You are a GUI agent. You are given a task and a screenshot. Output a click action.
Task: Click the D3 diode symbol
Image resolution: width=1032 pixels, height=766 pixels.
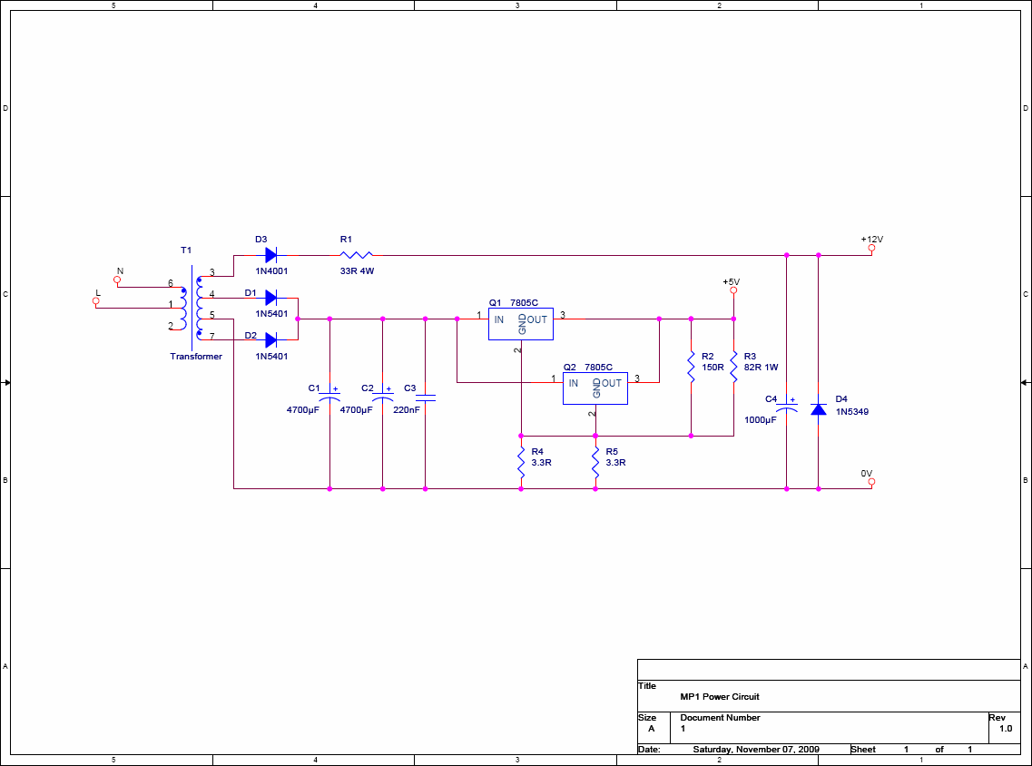click(270, 255)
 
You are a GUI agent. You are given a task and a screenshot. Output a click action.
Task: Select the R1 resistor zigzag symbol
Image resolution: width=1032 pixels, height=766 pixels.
click(356, 255)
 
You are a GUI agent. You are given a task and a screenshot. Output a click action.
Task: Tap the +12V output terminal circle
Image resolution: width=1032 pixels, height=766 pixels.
click(871, 248)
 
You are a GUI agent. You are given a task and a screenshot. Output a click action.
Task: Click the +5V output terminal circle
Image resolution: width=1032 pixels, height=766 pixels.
click(733, 290)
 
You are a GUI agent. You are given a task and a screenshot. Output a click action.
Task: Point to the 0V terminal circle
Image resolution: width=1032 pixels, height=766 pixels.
click(871, 482)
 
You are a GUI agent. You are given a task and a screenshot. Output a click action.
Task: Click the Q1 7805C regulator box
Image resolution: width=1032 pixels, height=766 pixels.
click(521, 324)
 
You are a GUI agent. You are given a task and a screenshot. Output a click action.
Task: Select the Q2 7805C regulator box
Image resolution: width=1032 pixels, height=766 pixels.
click(595, 388)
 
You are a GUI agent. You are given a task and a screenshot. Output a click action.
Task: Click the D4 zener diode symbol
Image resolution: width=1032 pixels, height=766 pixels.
click(818, 409)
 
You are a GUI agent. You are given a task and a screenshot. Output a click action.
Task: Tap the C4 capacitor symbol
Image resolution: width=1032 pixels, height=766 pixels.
click(787, 406)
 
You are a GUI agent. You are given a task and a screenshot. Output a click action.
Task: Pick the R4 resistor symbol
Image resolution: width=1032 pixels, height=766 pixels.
click(521, 463)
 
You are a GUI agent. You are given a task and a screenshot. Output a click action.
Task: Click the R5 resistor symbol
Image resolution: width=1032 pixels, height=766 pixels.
click(595, 463)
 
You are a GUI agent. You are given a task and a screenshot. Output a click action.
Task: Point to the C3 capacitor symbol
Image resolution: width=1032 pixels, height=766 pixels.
click(425, 398)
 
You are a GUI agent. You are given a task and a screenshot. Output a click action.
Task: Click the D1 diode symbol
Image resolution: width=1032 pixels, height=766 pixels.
click(270, 298)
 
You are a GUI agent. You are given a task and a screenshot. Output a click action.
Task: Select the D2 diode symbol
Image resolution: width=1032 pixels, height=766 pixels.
click(270, 340)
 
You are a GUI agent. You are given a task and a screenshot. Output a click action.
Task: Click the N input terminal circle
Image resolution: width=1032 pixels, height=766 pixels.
click(117, 280)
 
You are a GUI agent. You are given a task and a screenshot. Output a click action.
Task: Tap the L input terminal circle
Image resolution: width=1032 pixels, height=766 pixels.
click(96, 300)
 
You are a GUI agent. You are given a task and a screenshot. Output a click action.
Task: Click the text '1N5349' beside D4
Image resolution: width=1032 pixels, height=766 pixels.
click(851, 412)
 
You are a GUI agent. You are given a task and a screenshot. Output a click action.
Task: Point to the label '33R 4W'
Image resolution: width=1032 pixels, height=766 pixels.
click(357, 271)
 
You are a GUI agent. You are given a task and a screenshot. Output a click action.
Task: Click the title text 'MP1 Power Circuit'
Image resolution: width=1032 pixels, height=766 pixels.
click(720, 697)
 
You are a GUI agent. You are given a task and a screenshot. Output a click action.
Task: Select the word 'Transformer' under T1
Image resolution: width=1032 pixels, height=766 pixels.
click(196, 357)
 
